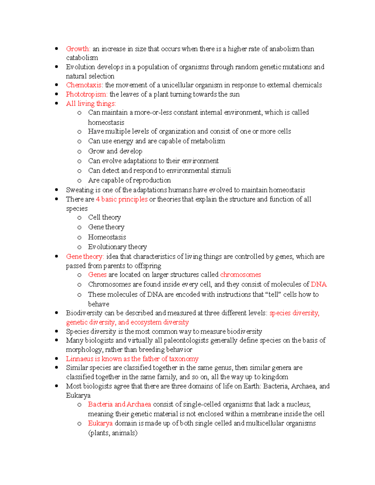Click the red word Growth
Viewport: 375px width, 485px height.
coord(78,49)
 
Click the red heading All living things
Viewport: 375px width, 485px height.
coord(91,103)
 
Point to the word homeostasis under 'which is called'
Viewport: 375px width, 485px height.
coord(106,122)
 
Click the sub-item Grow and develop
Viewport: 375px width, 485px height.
coord(115,151)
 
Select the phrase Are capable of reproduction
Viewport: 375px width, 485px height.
coord(129,180)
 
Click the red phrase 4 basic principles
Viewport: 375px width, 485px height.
coord(122,199)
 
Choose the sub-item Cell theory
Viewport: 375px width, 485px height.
coord(104,217)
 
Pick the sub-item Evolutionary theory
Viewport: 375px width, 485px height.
coord(117,247)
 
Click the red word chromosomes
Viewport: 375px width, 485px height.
coord(240,275)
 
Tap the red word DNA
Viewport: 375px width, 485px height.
coord(319,284)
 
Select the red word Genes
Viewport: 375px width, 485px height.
coord(97,275)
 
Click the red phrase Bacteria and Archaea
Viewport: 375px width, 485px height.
coord(119,404)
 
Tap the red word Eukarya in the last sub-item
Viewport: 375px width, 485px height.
coord(100,423)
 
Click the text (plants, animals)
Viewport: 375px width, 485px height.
coord(113,433)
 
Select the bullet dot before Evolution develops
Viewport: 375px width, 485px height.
coord(57,67)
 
